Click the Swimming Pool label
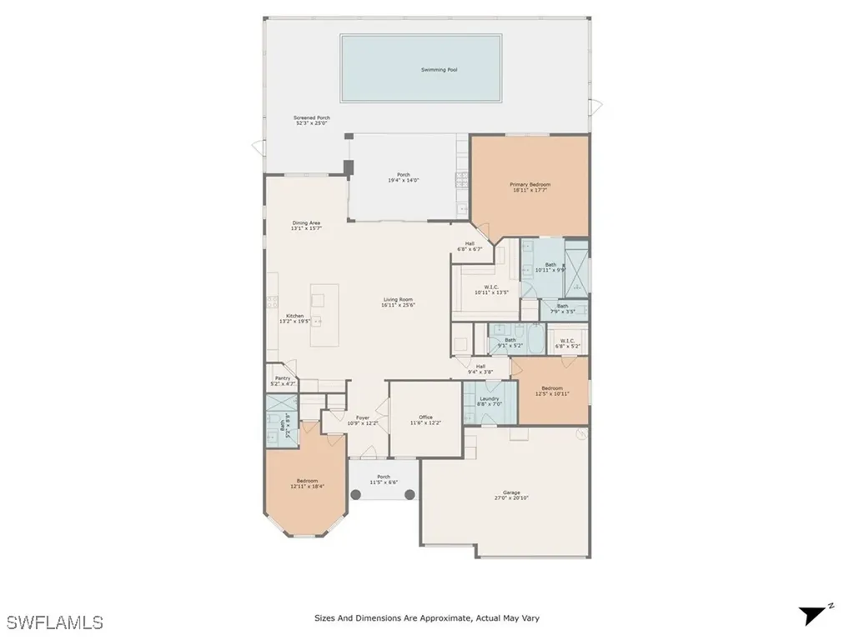tap(439, 69)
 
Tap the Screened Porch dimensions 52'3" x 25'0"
tap(312, 124)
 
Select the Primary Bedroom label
tap(530, 184)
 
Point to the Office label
tap(426, 417)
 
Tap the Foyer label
tap(363, 417)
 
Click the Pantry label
tap(283, 377)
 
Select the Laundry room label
tap(489, 398)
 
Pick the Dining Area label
tap(306, 222)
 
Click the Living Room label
tap(399, 299)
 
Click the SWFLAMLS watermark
tap(54, 622)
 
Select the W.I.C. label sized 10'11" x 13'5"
tap(491, 287)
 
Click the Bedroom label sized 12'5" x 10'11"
tap(551, 388)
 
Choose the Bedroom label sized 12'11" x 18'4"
tap(306, 481)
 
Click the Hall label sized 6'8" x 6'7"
tap(470, 243)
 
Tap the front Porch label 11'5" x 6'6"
tap(383, 477)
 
